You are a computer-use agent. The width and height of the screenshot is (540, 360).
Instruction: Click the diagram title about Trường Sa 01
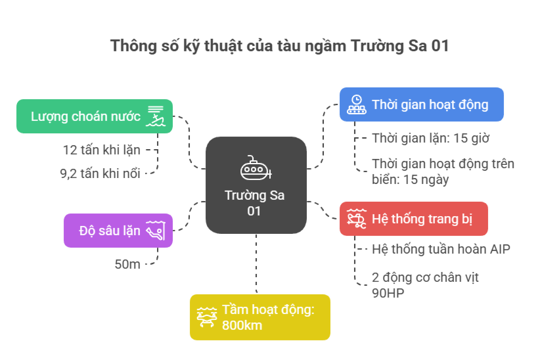(279, 46)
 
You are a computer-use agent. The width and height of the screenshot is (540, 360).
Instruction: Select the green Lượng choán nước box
(95, 116)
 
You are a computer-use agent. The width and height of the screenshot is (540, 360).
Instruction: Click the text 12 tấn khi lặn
(102, 150)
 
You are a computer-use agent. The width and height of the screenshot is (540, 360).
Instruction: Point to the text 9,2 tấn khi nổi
(101, 173)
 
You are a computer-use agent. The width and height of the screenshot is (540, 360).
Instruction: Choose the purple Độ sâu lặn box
(118, 231)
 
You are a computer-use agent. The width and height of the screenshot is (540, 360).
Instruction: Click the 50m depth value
(127, 264)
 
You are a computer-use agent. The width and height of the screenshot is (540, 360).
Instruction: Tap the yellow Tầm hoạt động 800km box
(260, 317)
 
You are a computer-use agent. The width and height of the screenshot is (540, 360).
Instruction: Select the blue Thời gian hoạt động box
(422, 104)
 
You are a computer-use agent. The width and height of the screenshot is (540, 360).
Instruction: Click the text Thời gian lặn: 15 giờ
(430, 138)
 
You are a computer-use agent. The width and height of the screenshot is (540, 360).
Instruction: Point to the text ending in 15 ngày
(443, 171)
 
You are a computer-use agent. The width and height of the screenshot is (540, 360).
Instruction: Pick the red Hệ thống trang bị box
(414, 219)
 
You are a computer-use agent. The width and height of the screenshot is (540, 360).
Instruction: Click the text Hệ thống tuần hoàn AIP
(441, 249)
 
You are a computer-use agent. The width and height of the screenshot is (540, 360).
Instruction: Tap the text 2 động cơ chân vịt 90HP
(425, 285)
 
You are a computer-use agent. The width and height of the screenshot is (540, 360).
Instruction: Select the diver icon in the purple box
(156, 231)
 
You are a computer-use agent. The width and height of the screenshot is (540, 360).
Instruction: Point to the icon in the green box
(155, 116)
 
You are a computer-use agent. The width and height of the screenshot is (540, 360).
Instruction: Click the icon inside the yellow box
(207, 317)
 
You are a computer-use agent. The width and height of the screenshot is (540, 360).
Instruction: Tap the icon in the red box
(357, 219)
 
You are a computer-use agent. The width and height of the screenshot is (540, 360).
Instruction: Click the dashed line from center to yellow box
(256, 264)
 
